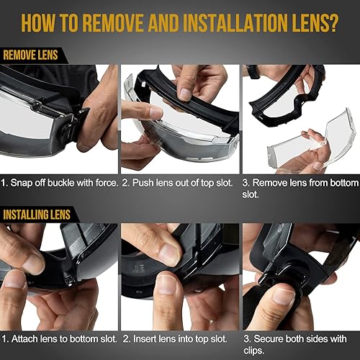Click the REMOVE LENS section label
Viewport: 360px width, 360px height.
(30, 54)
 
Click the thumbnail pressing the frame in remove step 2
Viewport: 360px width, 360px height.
(185, 94)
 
